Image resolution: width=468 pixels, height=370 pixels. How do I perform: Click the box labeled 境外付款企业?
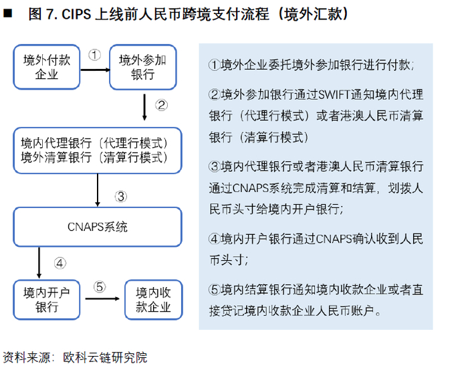[46, 67]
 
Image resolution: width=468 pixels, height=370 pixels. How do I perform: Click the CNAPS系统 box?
[98, 227]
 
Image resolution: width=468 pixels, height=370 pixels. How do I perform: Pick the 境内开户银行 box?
[46, 299]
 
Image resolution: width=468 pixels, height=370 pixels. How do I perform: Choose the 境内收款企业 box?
[154, 299]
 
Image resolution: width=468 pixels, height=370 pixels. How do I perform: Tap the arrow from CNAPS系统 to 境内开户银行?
[38, 263]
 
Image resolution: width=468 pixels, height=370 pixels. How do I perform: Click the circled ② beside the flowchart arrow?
[161, 104]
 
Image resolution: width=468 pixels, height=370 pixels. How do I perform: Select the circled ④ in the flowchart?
[60, 263]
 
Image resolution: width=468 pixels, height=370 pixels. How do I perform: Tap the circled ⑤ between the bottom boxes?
[100, 286]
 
